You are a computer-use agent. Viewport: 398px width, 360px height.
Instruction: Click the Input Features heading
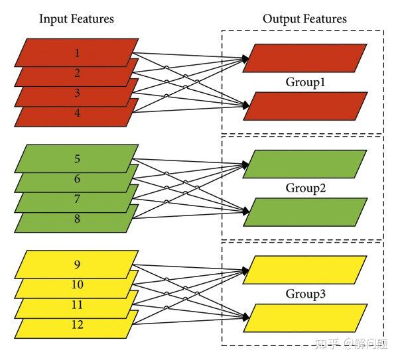click(x=76, y=19)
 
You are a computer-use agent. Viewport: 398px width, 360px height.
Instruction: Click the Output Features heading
click(x=304, y=19)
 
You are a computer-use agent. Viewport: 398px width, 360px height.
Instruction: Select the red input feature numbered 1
click(x=76, y=52)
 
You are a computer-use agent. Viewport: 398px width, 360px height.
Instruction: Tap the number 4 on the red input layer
click(x=76, y=113)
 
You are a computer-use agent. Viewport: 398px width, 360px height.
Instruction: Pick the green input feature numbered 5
click(x=76, y=159)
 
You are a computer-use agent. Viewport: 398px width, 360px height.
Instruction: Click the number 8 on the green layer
click(x=76, y=219)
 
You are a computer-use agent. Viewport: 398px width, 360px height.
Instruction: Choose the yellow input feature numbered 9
click(x=76, y=265)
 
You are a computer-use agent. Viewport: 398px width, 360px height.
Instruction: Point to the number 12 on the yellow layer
click(x=76, y=326)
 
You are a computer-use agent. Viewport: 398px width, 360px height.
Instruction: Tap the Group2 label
click(x=304, y=188)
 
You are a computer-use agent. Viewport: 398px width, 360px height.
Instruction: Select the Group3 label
click(x=304, y=294)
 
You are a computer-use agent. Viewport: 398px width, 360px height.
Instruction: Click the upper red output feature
click(x=304, y=58)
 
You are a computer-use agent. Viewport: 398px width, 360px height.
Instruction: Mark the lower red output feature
click(x=304, y=106)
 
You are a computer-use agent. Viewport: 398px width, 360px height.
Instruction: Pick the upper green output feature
click(x=304, y=164)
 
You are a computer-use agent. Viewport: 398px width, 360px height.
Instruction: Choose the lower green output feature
click(x=304, y=212)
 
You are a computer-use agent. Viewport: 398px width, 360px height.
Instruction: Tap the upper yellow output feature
click(x=304, y=269)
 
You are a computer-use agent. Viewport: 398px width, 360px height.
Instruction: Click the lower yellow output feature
click(x=304, y=318)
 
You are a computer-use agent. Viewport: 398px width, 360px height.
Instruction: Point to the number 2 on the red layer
click(x=76, y=73)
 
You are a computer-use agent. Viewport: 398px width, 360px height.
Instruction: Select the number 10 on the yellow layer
click(x=76, y=285)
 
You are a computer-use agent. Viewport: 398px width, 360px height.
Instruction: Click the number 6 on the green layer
click(x=76, y=179)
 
